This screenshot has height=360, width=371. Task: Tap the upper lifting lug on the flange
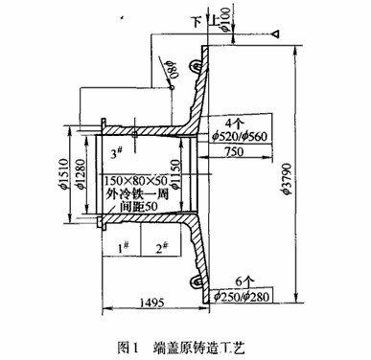coord(196,65)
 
